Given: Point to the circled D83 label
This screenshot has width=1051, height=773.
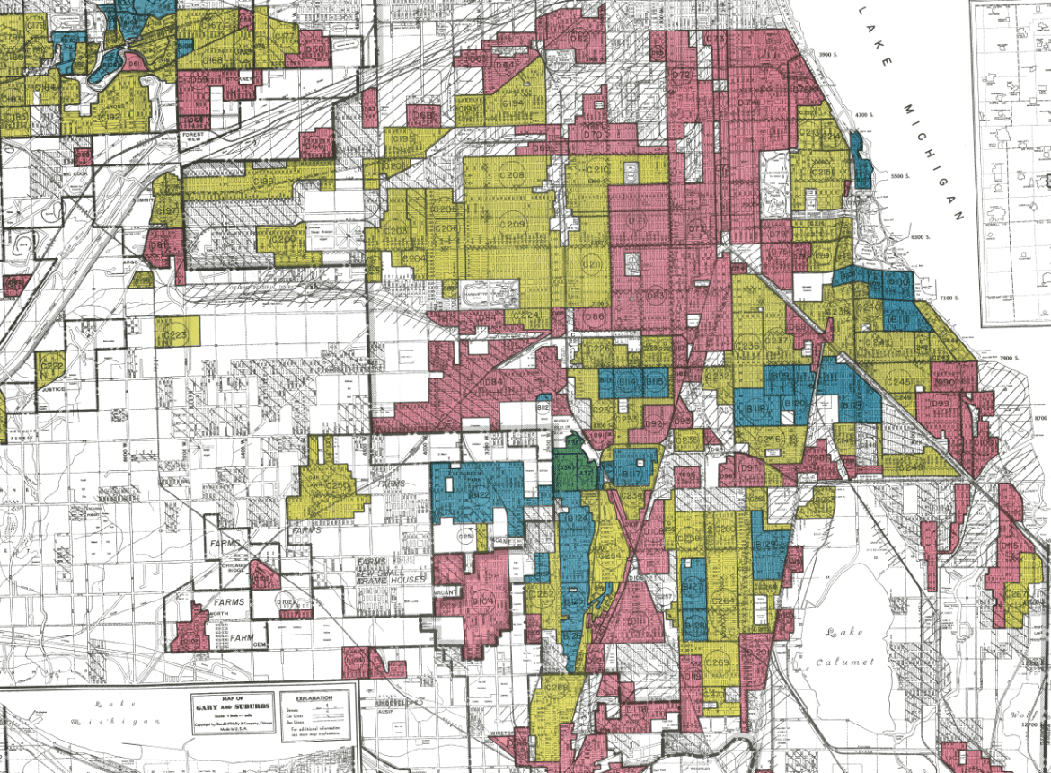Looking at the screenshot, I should [x=657, y=295].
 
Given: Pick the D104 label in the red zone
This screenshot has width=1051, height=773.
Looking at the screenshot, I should [x=482, y=601].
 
